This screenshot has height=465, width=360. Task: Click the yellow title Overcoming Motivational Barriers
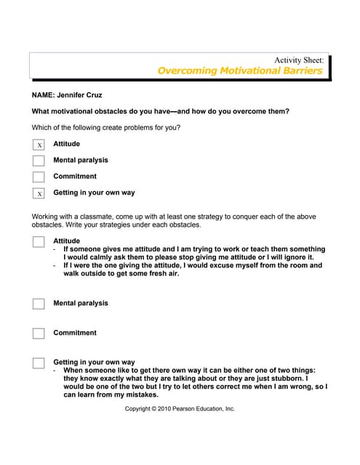(x=239, y=70)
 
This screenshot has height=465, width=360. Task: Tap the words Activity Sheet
(x=298, y=60)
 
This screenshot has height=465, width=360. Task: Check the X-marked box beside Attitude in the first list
(x=39, y=145)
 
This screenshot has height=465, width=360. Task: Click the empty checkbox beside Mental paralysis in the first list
(x=39, y=161)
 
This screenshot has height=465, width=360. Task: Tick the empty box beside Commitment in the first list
(x=39, y=177)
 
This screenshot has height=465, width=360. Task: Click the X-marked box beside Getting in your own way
(x=39, y=193)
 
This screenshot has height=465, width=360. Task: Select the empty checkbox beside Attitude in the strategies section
(x=39, y=242)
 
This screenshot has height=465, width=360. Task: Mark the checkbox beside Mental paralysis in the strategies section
(x=39, y=304)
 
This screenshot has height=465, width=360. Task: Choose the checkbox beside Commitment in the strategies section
(x=39, y=333)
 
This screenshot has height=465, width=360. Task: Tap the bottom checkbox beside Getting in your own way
(x=39, y=363)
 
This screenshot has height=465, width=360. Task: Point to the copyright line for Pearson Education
(x=180, y=409)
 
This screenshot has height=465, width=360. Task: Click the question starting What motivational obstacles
(x=161, y=111)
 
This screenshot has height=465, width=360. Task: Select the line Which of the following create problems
(x=106, y=128)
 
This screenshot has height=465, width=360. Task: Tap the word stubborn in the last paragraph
(x=288, y=379)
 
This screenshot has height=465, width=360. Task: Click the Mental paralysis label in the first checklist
(x=80, y=160)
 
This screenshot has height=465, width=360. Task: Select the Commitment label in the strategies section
(x=75, y=333)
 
